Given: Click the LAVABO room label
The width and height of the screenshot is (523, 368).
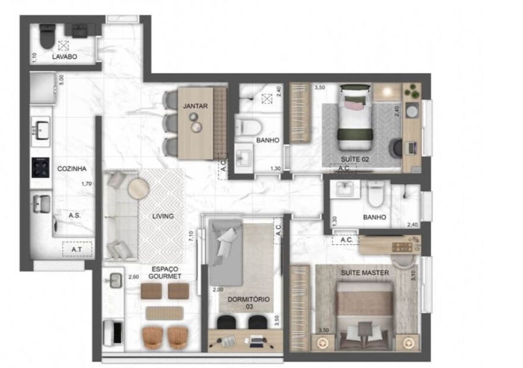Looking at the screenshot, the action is coord(65,57).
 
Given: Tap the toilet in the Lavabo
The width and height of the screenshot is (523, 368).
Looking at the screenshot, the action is coord(47,36).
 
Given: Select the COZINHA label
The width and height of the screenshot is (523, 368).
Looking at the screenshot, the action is coord(72,169).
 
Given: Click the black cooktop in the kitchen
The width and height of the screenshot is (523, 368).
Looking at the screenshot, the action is coord(41,167).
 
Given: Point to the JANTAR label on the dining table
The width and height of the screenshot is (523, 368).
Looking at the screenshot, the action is coord(195,106).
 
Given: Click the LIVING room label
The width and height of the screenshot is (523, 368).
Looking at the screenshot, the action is coord(163,216).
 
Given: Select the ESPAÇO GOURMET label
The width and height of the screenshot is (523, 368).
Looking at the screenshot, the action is coord(165,273).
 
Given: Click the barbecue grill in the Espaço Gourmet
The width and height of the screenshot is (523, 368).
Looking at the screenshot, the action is coord(113,332).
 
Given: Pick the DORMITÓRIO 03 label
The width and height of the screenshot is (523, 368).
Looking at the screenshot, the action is coord(248,302).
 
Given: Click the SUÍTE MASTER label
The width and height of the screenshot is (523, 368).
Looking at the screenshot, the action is coord(365,273).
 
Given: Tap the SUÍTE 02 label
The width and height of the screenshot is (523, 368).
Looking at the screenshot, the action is coord(355,159).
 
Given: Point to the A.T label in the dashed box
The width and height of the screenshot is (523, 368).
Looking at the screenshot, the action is coord(77,250).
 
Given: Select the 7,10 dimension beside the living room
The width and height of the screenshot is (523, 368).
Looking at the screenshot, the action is coord(191,236).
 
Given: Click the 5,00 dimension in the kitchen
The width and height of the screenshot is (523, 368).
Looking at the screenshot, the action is coord(61,80).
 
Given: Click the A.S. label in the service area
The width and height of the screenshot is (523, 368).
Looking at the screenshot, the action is coord(75,216).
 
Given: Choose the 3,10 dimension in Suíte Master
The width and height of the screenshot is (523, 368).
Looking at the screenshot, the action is coord(414,275).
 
